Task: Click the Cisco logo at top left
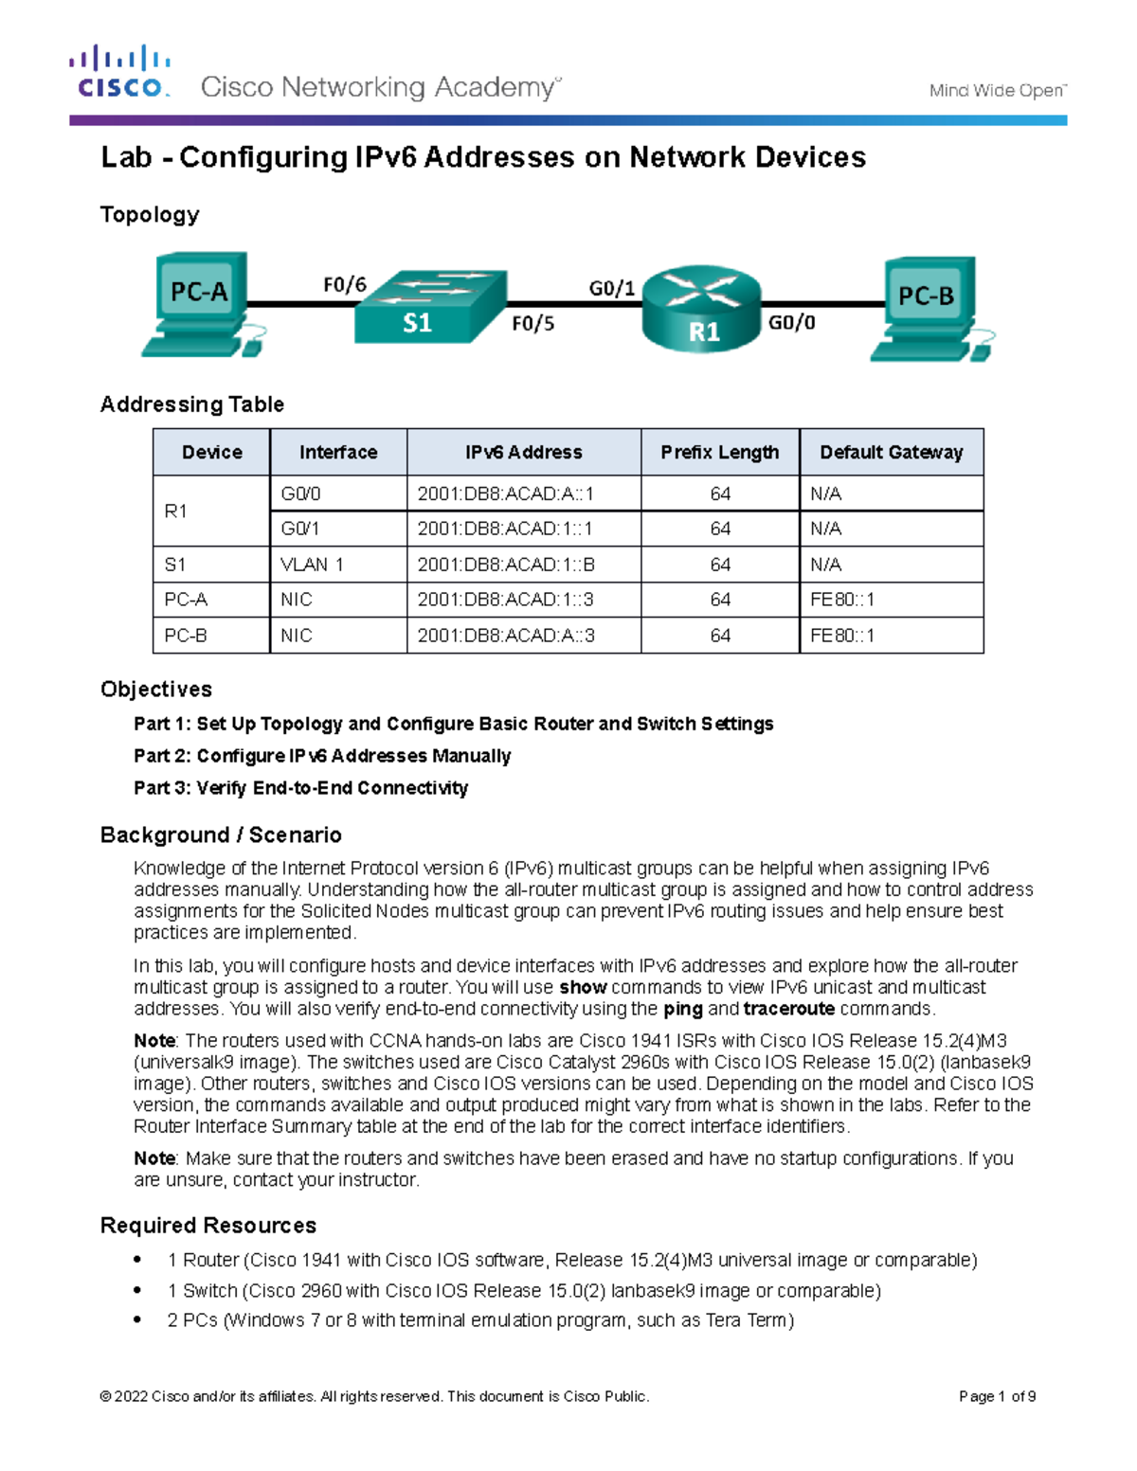pos(119,72)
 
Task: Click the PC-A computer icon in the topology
pos(201,303)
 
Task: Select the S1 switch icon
pos(429,307)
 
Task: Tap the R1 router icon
pos(702,308)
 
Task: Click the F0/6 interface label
pos(344,285)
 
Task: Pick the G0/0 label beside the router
pos(791,323)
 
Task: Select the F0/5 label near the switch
pos(532,324)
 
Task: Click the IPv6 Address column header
pos(523,453)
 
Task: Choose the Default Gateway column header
pos(891,453)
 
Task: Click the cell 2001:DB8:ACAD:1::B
pos(506,565)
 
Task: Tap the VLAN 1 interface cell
pos(312,565)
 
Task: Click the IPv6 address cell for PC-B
pos(506,636)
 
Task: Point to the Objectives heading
pos(156,690)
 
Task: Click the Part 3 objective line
pos(300,788)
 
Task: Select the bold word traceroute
pos(788,1009)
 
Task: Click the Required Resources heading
pos(208,1226)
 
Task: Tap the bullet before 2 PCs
pos(138,1319)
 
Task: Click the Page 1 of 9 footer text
pos(997,1396)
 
